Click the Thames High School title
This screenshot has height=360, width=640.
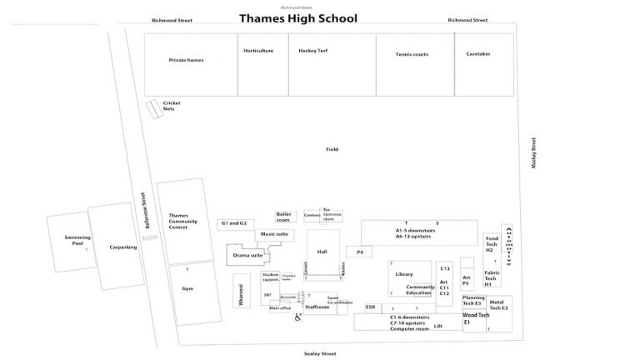pos(297,18)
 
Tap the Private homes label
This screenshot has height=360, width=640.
pos(186,60)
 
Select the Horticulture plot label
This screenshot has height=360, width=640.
pos(258,51)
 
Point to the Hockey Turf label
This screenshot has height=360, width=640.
pos(313,51)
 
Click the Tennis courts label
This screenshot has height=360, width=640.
pos(412,54)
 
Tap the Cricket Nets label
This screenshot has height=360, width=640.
pos(172,106)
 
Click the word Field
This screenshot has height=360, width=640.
pos(332,149)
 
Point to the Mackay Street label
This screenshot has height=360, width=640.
pos(533,153)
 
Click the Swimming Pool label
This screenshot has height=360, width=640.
pos(77,240)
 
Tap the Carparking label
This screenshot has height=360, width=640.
pos(122,247)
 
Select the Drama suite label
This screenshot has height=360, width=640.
pos(247,255)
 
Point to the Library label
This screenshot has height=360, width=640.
pos(404,273)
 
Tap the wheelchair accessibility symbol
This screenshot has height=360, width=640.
pos(297,316)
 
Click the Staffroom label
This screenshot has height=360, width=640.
pos(317,307)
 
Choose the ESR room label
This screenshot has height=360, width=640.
pos(370,307)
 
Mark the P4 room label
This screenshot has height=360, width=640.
pos(360,251)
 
